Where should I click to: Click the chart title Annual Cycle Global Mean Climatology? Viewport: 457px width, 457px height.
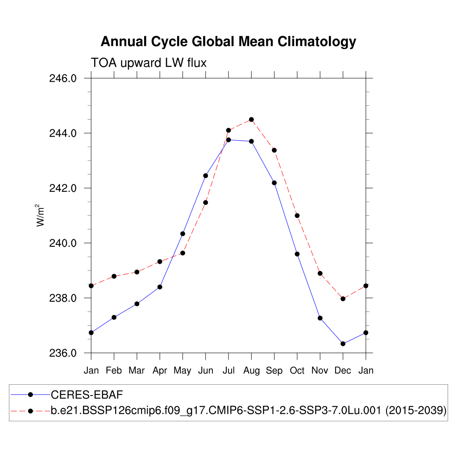tap(228, 42)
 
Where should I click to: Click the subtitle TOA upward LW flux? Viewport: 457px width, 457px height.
tap(149, 63)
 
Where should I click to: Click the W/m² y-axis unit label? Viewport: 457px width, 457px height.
tap(41, 216)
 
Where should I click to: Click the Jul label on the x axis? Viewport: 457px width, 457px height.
tap(228, 370)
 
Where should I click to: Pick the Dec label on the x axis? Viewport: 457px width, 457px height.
tap(343, 370)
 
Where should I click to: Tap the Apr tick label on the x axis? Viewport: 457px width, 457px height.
tap(160, 370)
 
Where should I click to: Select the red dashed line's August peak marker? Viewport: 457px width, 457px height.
tap(251, 119)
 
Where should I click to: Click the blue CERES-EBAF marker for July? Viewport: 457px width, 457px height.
tap(228, 140)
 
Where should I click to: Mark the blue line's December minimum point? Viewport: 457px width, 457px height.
tap(343, 344)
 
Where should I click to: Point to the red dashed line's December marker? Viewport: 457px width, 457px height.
tap(343, 299)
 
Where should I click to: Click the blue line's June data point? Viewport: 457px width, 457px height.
tap(206, 175)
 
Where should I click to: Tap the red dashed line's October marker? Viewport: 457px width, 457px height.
tap(297, 216)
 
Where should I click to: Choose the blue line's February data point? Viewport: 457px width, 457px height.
tap(114, 317)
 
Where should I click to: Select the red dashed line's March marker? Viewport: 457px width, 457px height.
tap(137, 272)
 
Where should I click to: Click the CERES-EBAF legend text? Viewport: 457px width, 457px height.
tap(87, 395)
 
